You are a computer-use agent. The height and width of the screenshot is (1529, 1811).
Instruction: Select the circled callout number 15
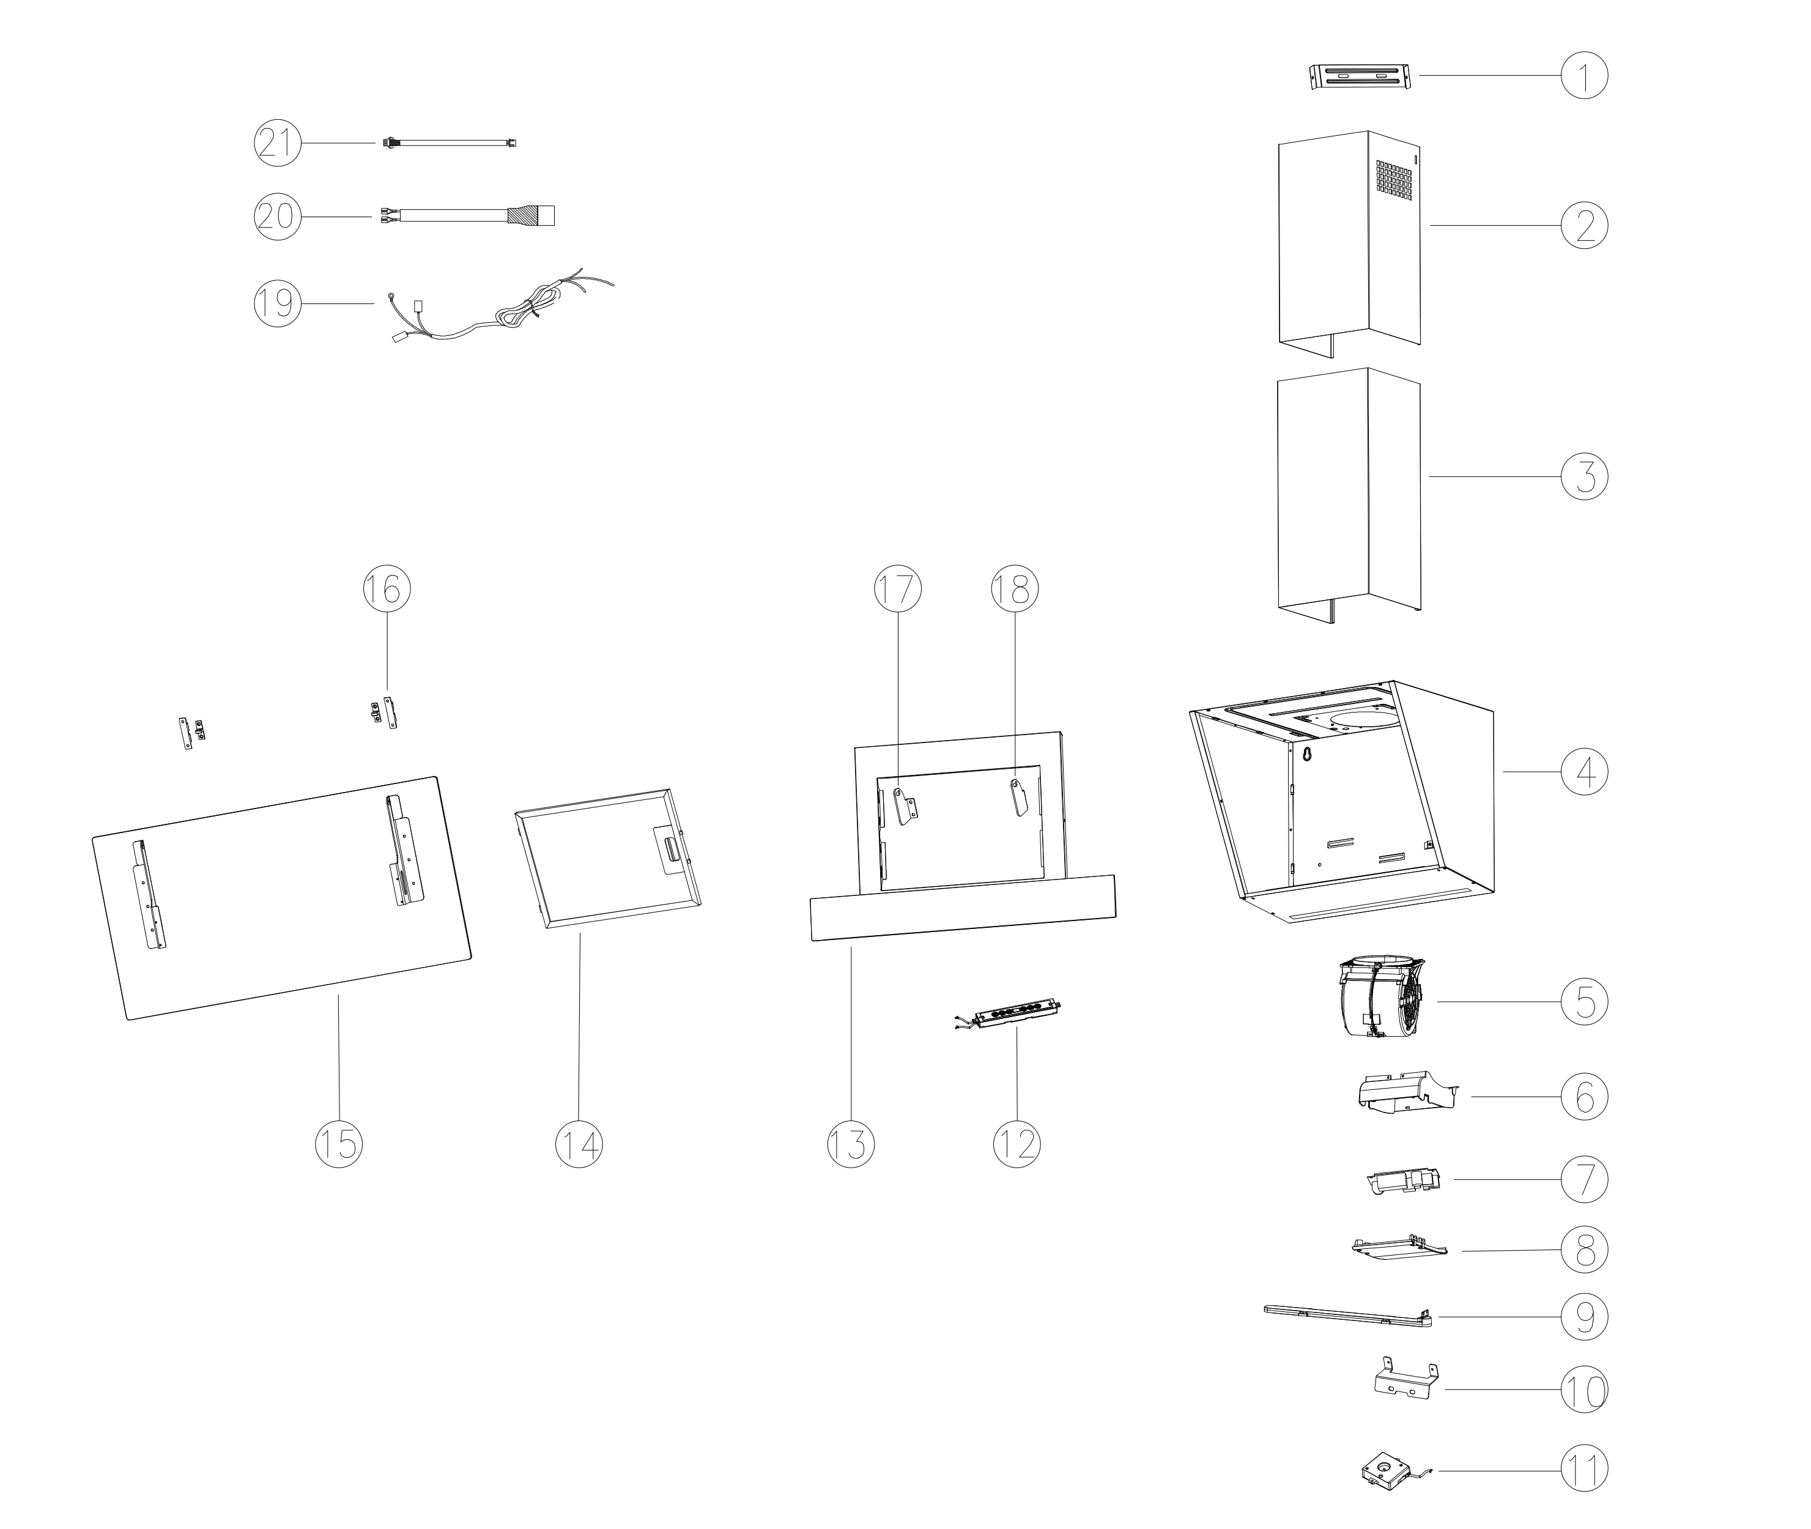(338, 1144)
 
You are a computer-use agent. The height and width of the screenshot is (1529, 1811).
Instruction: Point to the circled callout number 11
(1584, 1471)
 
